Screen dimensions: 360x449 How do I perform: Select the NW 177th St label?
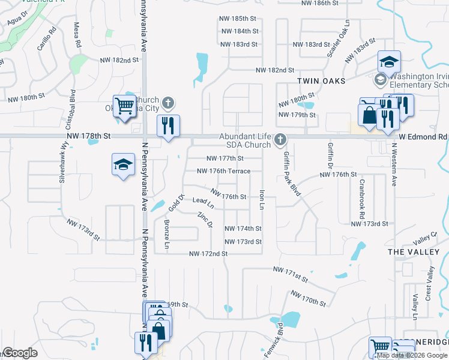(x=224, y=158)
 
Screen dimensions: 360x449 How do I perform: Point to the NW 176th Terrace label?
(x=223, y=171)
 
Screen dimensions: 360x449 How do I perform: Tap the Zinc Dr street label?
(x=205, y=220)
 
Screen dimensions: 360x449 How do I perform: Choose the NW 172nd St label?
(x=208, y=254)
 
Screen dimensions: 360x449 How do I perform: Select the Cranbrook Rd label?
(x=362, y=198)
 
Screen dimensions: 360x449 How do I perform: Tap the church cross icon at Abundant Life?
(x=279, y=140)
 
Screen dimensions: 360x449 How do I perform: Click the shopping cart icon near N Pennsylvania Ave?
(x=124, y=106)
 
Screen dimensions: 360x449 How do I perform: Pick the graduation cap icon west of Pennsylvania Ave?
(x=122, y=164)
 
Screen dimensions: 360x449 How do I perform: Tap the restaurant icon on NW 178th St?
(x=167, y=125)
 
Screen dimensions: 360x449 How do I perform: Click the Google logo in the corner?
(x=20, y=353)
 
